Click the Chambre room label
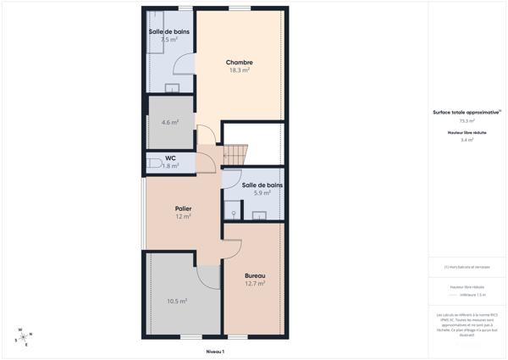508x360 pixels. coord(240,62)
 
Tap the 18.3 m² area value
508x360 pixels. coord(240,70)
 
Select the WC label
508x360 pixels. coord(170,158)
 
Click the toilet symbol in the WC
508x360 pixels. coord(153,163)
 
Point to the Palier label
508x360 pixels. coord(183,208)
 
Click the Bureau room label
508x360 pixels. coord(255,276)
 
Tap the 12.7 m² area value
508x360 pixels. coord(255,284)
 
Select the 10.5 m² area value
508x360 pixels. coord(177,301)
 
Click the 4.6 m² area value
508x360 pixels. coord(170,122)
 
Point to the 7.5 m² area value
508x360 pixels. coord(169,39)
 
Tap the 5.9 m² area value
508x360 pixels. coord(262,193)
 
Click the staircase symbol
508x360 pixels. coord(235,155)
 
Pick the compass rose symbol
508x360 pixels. coord(22,336)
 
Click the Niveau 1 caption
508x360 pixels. coord(215,350)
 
